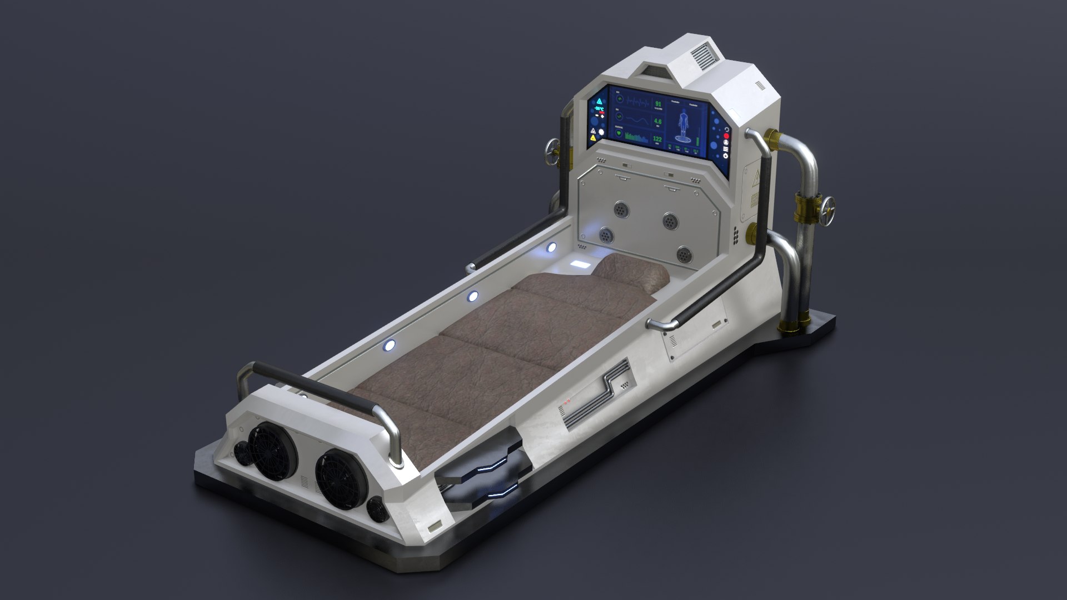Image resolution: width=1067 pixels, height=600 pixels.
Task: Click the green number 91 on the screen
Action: (658, 104)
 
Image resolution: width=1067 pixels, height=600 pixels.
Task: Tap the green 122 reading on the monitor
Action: (657, 139)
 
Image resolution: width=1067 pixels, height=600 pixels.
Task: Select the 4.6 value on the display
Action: (658, 121)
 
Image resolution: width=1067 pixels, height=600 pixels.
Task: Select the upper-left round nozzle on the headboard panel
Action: (621, 209)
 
